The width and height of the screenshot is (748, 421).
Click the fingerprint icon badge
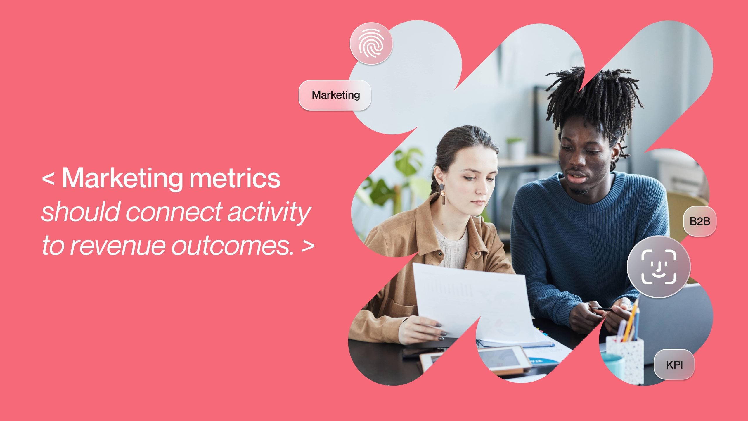371,44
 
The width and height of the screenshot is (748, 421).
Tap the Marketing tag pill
335,95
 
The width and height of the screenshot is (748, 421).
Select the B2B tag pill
699,221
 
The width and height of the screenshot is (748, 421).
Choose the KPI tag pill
674,365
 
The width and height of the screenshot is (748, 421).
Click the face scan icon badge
659,267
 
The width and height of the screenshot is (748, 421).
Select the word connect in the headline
174,212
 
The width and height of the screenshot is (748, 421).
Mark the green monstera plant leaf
408,159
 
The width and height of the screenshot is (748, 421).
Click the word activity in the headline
269,212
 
